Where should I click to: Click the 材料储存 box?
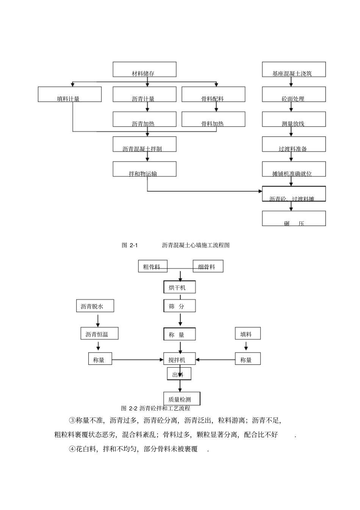point(144,69)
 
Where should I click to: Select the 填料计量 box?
point(70,94)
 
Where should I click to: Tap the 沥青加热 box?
point(144,119)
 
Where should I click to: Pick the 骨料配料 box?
point(213,94)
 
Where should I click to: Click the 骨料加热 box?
point(213,119)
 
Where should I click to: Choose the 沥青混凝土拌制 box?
point(144,144)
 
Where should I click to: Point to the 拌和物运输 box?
point(144,169)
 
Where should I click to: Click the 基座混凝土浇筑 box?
point(294,69)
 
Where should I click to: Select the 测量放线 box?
point(294,119)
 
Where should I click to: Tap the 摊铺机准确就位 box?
point(294,169)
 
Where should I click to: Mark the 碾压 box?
point(294,219)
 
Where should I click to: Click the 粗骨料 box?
point(152,267)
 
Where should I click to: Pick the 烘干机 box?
point(180,287)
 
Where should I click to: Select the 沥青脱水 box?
point(95,306)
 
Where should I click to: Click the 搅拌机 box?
point(180,359)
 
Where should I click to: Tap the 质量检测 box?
point(182,399)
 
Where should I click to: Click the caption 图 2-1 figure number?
point(130,245)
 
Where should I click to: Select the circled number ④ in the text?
point(72,449)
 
